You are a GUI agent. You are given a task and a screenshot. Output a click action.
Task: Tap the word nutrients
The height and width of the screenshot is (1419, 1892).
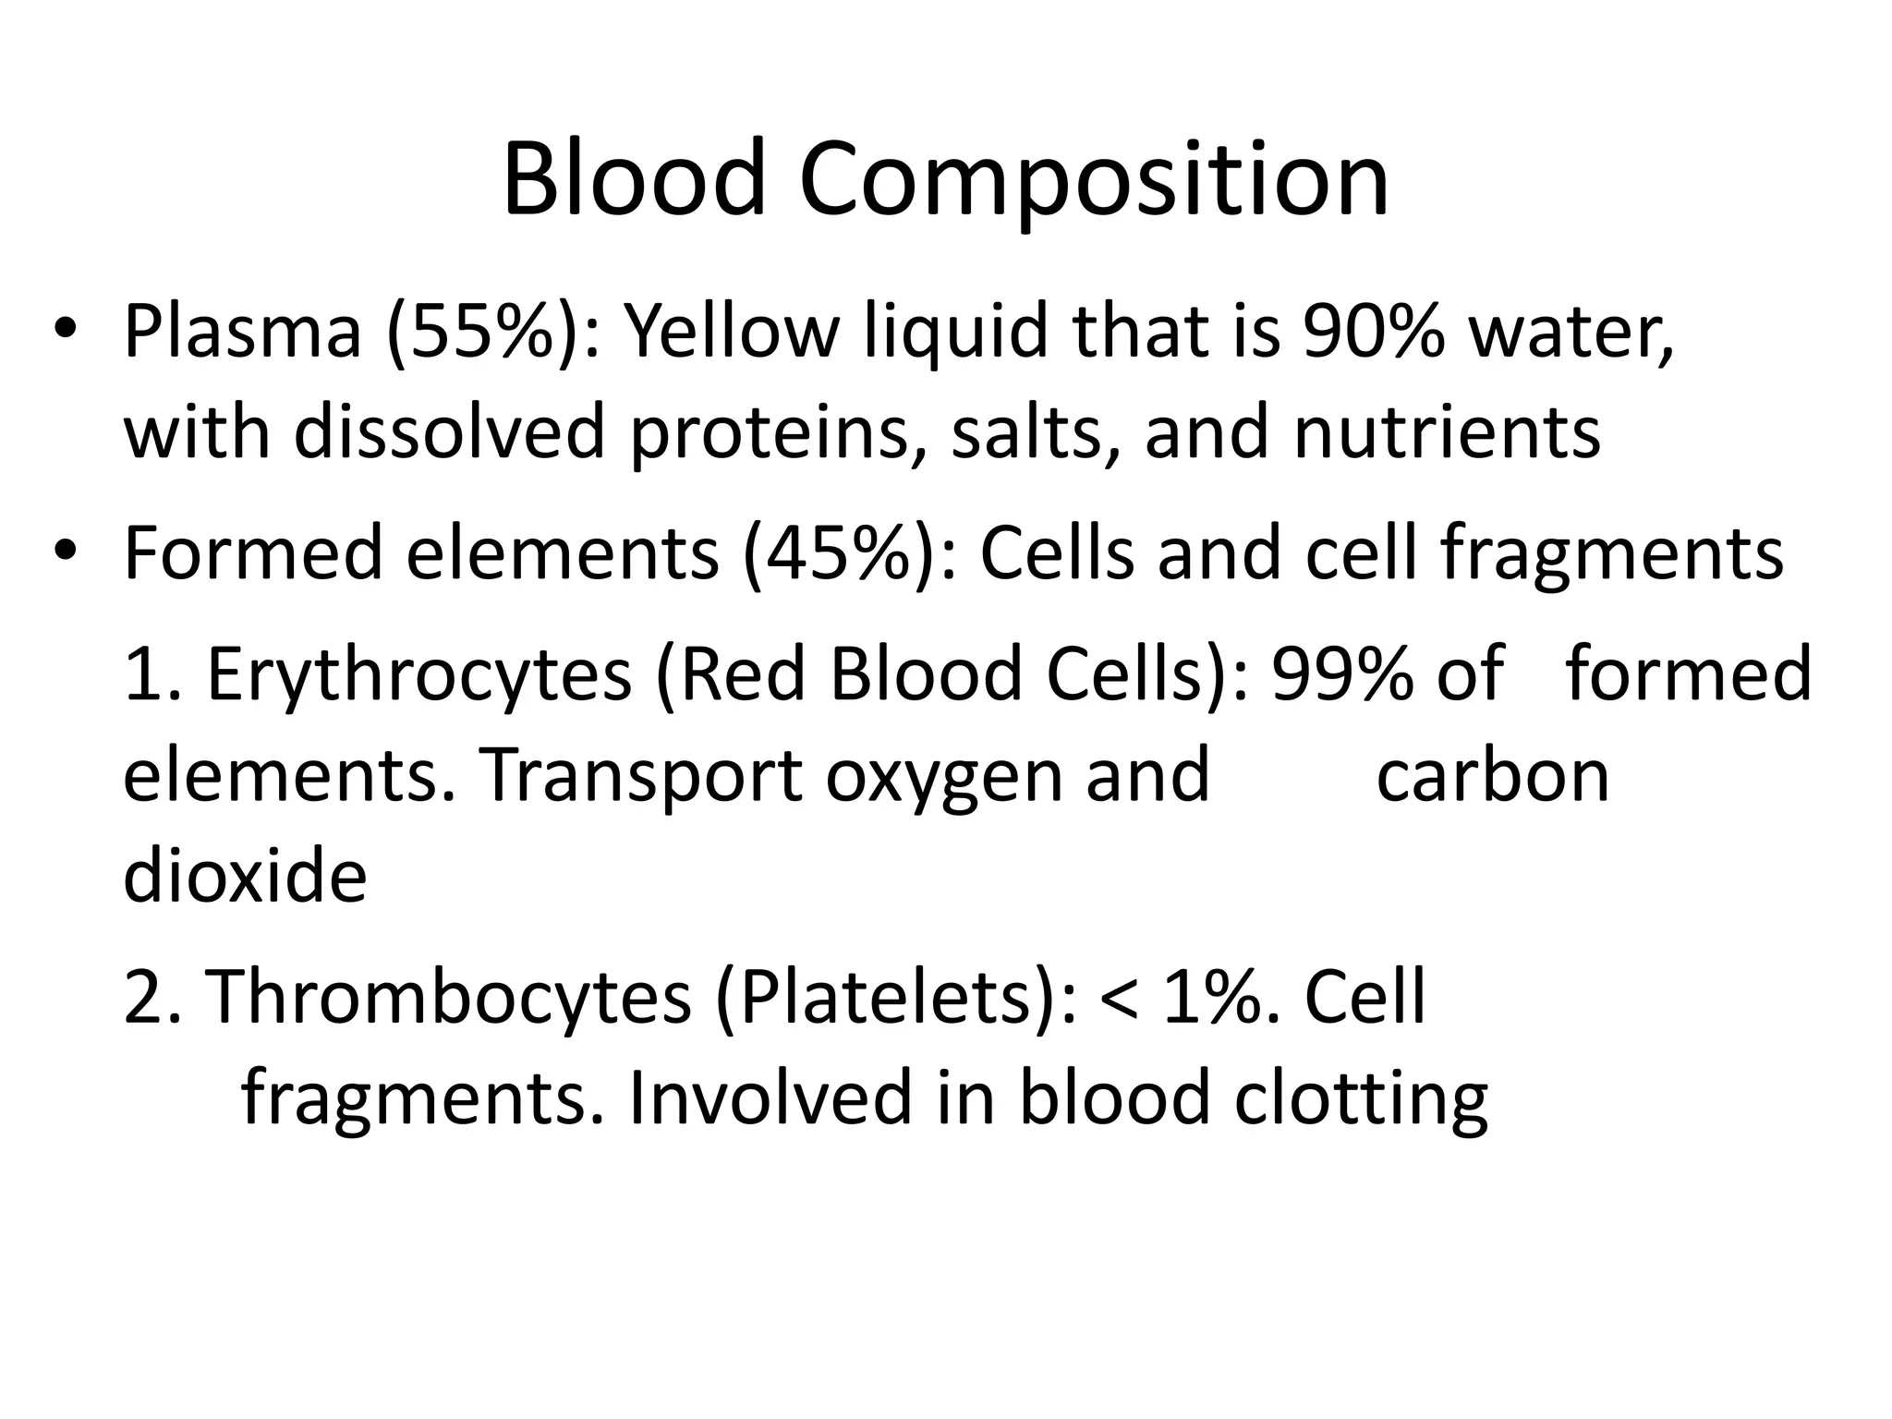[1447, 432]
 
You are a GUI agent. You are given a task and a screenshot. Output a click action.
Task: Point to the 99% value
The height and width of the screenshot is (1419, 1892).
[1342, 673]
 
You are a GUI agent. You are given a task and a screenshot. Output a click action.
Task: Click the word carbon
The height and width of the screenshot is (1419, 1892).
[1493, 775]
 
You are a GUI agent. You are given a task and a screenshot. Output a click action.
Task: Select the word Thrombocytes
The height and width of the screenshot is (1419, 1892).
[447, 997]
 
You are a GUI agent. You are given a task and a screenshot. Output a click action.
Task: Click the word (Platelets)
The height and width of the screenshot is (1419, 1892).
[894, 999]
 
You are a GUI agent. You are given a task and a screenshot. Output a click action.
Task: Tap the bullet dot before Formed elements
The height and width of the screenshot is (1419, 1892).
[64, 552]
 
